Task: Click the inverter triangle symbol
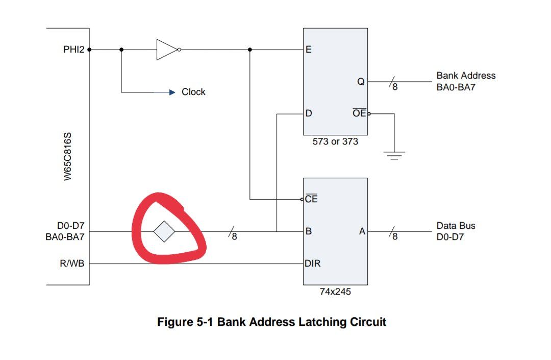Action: tap(167, 50)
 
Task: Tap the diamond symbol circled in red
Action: tap(164, 231)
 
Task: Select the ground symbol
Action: tap(394, 155)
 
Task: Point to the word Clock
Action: tap(193, 92)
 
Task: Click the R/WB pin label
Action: tap(72, 263)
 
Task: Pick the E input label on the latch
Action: tap(309, 50)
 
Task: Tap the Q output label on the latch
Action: tap(361, 81)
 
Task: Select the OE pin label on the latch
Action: tap(359, 113)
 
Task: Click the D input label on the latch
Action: tap(309, 113)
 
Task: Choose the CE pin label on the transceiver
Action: tap(311, 199)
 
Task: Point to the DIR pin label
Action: tap(312, 263)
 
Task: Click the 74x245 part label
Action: tap(335, 293)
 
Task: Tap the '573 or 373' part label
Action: tap(335, 141)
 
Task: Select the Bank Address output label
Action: tap(465, 81)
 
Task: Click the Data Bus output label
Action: tap(456, 231)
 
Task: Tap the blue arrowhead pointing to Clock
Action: tap(172, 92)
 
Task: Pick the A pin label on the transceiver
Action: tap(362, 231)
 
